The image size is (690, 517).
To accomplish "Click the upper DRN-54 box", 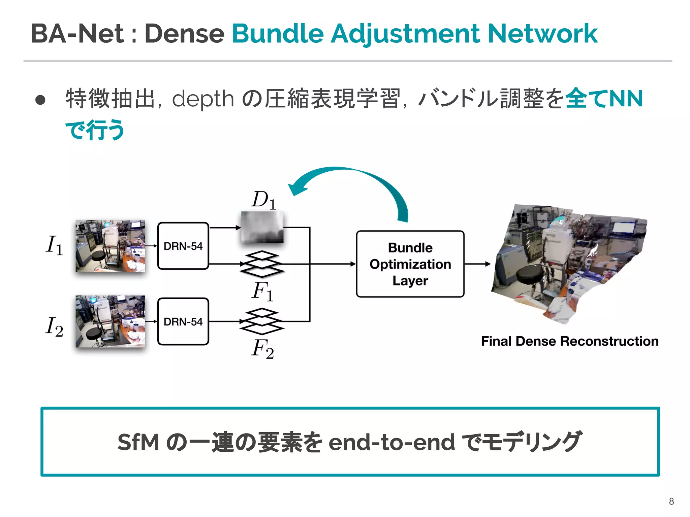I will (183, 246).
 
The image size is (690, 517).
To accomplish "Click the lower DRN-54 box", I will (183, 321).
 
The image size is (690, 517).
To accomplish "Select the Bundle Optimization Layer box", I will (410, 264).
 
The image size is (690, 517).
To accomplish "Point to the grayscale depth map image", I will (262, 227).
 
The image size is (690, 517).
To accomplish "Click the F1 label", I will (262, 291).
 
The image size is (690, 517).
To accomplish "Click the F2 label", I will (262, 349).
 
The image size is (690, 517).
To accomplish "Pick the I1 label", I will (54, 245).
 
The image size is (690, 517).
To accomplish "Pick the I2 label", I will (54, 326).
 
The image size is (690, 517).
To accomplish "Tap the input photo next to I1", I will (110, 246).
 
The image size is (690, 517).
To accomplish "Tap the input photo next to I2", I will (110, 321).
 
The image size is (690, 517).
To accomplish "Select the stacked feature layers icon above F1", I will (262, 264).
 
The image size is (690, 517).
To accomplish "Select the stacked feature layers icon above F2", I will (262, 321).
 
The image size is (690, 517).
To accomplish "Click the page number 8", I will (671, 501).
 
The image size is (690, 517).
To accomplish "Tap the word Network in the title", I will (542, 34).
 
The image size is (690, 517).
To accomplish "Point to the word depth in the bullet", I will (203, 99).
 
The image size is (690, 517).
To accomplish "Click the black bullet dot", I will (40, 100).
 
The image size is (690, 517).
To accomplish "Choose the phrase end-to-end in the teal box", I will (391, 442).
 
